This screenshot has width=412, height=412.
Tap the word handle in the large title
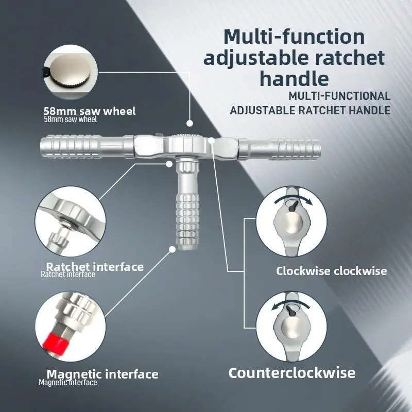pyautogui.click(x=294, y=78)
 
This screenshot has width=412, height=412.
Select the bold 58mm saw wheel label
pyautogui.click(x=90, y=111)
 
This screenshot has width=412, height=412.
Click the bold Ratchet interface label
pyautogui.click(x=95, y=267)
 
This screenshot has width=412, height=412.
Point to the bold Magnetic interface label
pyautogui.click(x=102, y=374)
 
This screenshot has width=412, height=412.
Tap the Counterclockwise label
pyautogui.click(x=292, y=372)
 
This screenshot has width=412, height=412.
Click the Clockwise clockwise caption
pyautogui.click(x=331, y=271)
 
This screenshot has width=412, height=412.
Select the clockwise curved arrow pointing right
pyautogui.click(x=293, y=198)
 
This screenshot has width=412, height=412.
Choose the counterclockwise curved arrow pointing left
pyautogui.click(x=290, y=303)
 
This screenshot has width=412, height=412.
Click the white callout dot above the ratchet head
pyautogui.click(x=190, y=123)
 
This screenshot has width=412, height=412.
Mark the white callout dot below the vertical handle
pyautogui.click(x=172, y=249)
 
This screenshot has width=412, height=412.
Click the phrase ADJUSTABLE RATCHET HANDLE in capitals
pyautogui.click(x=310, y=110)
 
